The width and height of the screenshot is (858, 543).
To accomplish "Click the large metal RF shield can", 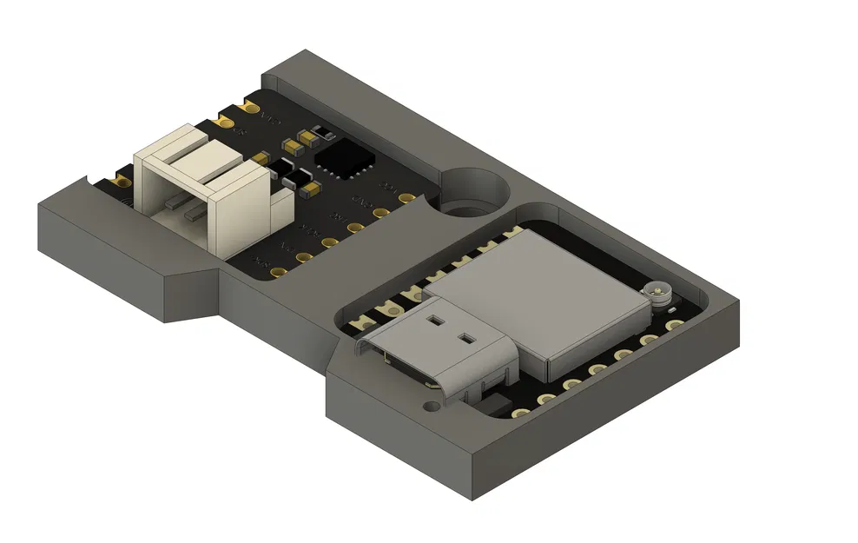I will click(x=538, y=295).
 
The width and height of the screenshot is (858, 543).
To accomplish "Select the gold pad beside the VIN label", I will click(x=251, y=109).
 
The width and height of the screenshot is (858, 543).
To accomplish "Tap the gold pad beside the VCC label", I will click(x=406, y=198).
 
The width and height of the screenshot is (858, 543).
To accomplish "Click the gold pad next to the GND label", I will click(x=380, y=213).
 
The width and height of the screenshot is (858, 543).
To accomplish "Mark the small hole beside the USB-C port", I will click(x=430, y=406).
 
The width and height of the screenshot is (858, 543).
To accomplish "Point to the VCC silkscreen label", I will click(x=389, y=187).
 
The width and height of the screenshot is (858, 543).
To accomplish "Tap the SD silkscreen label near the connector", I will click(x=238, y=131).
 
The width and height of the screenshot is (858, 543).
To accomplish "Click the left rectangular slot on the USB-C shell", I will click(x=435, y=320).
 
